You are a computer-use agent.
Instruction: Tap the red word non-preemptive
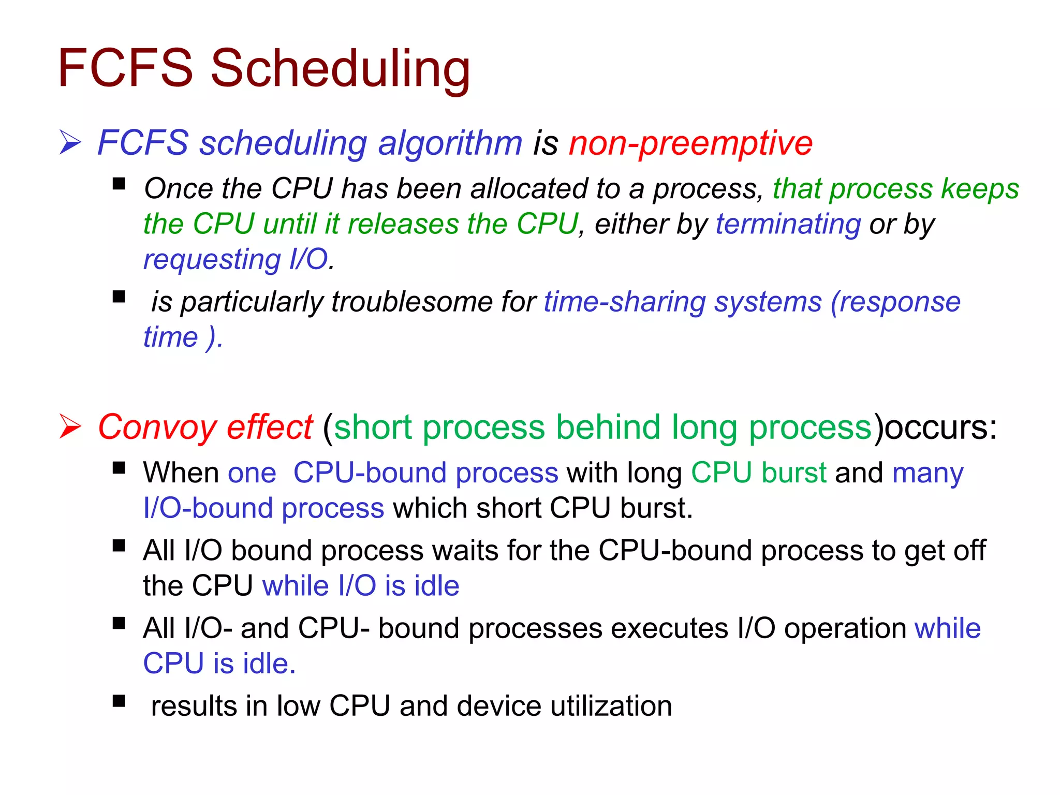pyautogui.click(x=690, y=143)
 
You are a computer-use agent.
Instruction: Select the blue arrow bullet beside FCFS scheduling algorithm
pyautogui.click(x=70, y=142)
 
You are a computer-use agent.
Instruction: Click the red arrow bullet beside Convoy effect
pyautogui.click(x=70, y=426)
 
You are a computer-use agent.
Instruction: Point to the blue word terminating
pyautogui.click(x=788, y=224)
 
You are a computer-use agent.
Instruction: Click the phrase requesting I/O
pyautogui.click(x=236, y=259)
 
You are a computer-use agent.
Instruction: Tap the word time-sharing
pyautogui.click(x=625, y=302)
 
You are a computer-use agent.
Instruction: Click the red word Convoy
pyautogui.click(x=157, y=428)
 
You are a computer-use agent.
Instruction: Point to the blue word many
pyautogui.click(x=927, y=473)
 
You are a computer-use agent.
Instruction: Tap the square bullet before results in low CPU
pyautogui.click(x=119, y=701)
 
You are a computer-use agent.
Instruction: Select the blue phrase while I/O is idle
pyautogui.click(x=361, y=586)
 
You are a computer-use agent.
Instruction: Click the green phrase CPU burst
pyautogui.click(x=759, y=473)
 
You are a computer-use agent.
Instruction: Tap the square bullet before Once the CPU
pyautogui.click(x=119, y=184)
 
